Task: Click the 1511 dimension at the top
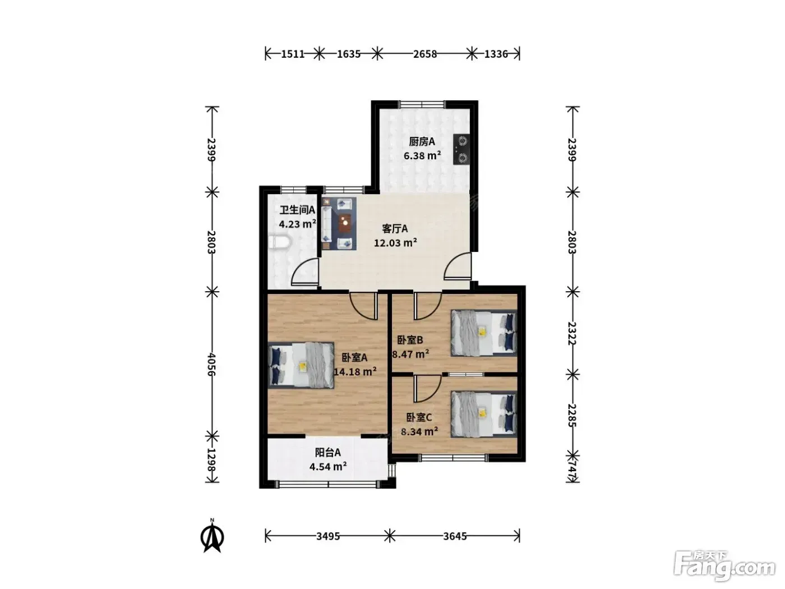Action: [293, 54]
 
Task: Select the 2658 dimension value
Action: [425, 54]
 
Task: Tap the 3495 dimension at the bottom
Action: [328, 536]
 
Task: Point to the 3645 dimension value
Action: [455, 536]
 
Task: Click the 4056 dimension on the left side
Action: [211, 364]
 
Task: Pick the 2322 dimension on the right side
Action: [572, 333]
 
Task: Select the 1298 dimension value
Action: [211, 459]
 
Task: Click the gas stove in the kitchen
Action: [461, 149]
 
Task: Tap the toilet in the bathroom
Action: [280, 242]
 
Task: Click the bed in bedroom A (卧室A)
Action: [301, 365]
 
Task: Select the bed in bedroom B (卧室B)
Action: [484, 333]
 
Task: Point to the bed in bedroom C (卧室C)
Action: [484, 414]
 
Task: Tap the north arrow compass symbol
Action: [213, 536]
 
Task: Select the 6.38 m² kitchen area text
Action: [422, 156]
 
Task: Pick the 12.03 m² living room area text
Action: [395, 243]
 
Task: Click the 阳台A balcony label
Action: [327, 452]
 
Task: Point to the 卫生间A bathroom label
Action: [297, 210]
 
